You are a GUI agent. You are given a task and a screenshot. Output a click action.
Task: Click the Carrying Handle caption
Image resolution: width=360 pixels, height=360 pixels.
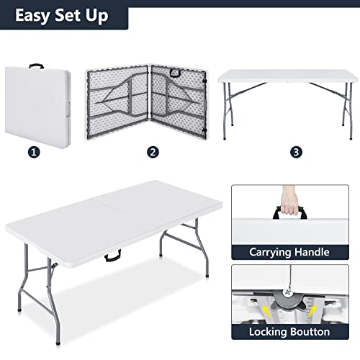point(289,252)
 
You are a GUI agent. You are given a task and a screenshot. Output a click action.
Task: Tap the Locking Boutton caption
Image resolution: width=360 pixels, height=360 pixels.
point(289,332)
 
